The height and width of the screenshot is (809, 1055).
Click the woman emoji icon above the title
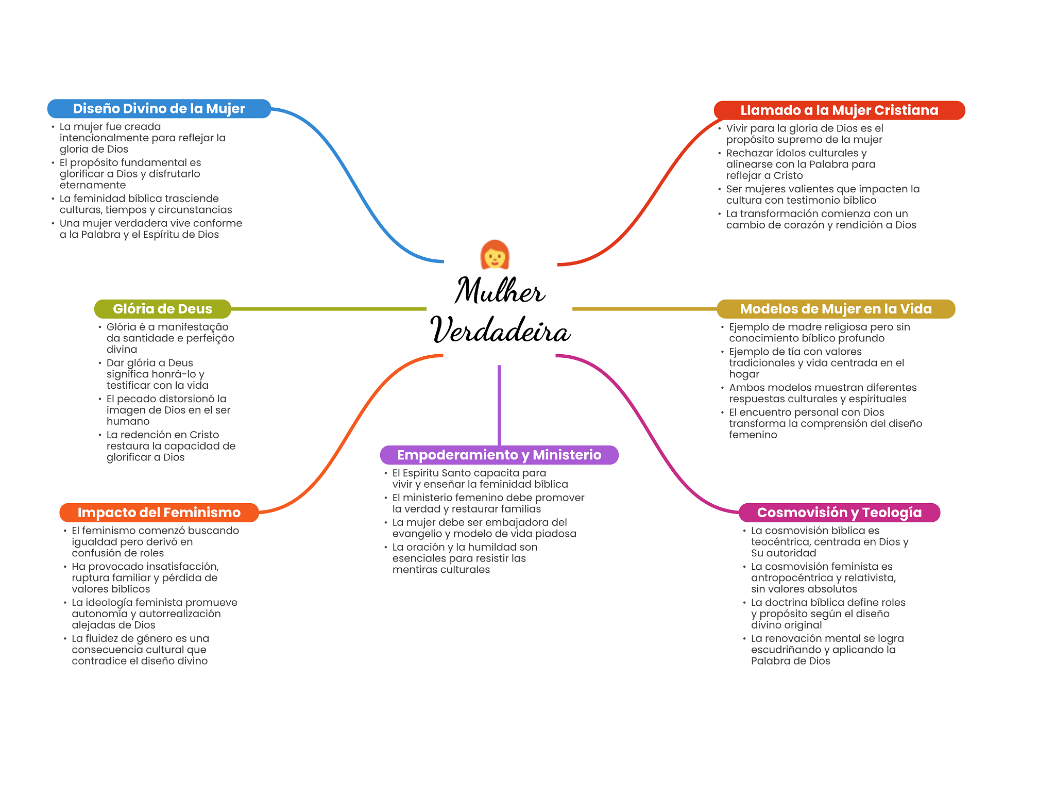[x=495, y=254]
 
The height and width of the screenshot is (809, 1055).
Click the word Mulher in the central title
[x=499, y=290]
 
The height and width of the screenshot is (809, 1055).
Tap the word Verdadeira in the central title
[x=500, y=329]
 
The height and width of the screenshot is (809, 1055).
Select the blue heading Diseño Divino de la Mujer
[x=159, y=109]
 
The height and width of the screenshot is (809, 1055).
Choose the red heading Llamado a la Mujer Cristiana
[x=839, y=110]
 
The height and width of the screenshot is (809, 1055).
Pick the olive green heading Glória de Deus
[x=162, y=309]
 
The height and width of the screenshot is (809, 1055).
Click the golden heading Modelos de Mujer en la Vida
[x=836, y=309]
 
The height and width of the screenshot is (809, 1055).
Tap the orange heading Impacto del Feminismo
[x=159, y=513]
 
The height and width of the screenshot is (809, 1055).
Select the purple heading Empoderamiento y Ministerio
[x=499, y=455]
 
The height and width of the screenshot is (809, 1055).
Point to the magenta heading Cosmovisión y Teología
[x=839, y=513]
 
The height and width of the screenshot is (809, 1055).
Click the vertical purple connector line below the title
[x=499, y=405]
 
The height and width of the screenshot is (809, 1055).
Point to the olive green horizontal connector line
[x=329, y=309]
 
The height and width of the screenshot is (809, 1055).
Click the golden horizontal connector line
[x=644, y=309]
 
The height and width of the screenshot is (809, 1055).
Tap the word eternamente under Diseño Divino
[x=93, y=185]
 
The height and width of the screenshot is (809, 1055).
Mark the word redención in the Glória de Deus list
[x=148, y=435]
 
